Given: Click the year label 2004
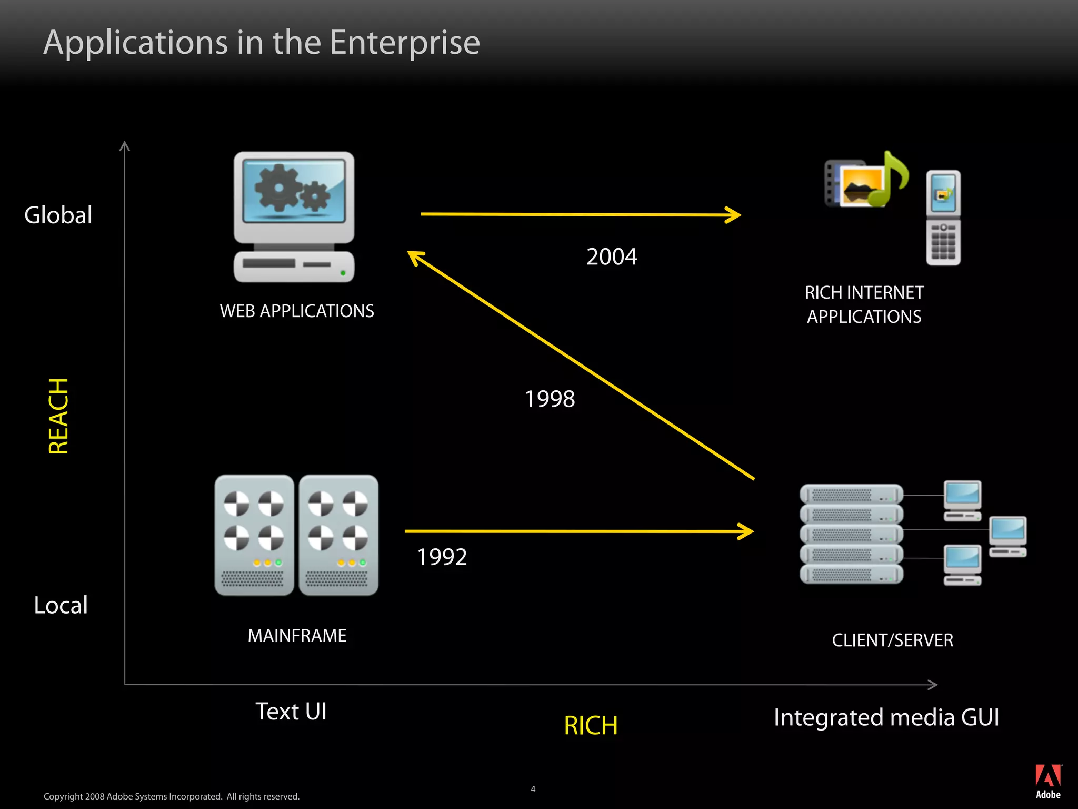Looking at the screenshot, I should pos(612,257).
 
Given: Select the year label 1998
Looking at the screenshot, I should pos(550,399).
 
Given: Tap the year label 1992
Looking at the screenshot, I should pos(442,557).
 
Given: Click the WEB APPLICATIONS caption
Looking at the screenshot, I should pos(297,311).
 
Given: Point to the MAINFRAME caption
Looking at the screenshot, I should pos(297,636).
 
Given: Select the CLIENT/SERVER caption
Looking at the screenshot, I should pos(892,640).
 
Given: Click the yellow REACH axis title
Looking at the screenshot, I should pos(58,416).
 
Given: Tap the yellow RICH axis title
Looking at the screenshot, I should pos(591,726).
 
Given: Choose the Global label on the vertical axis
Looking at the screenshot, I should pos(58,215).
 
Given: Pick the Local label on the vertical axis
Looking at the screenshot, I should pos(61,605).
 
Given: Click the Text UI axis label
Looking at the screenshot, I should pos(291,712).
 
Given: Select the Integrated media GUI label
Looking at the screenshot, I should pos(886,717).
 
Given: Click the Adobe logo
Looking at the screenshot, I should pos(1048,781).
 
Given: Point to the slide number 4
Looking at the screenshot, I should pos(533,789).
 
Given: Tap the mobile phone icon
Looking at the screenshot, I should pos(943,218).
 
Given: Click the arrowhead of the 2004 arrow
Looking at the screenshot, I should pos(735,215).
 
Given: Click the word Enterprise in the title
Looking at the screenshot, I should pos(405,42).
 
